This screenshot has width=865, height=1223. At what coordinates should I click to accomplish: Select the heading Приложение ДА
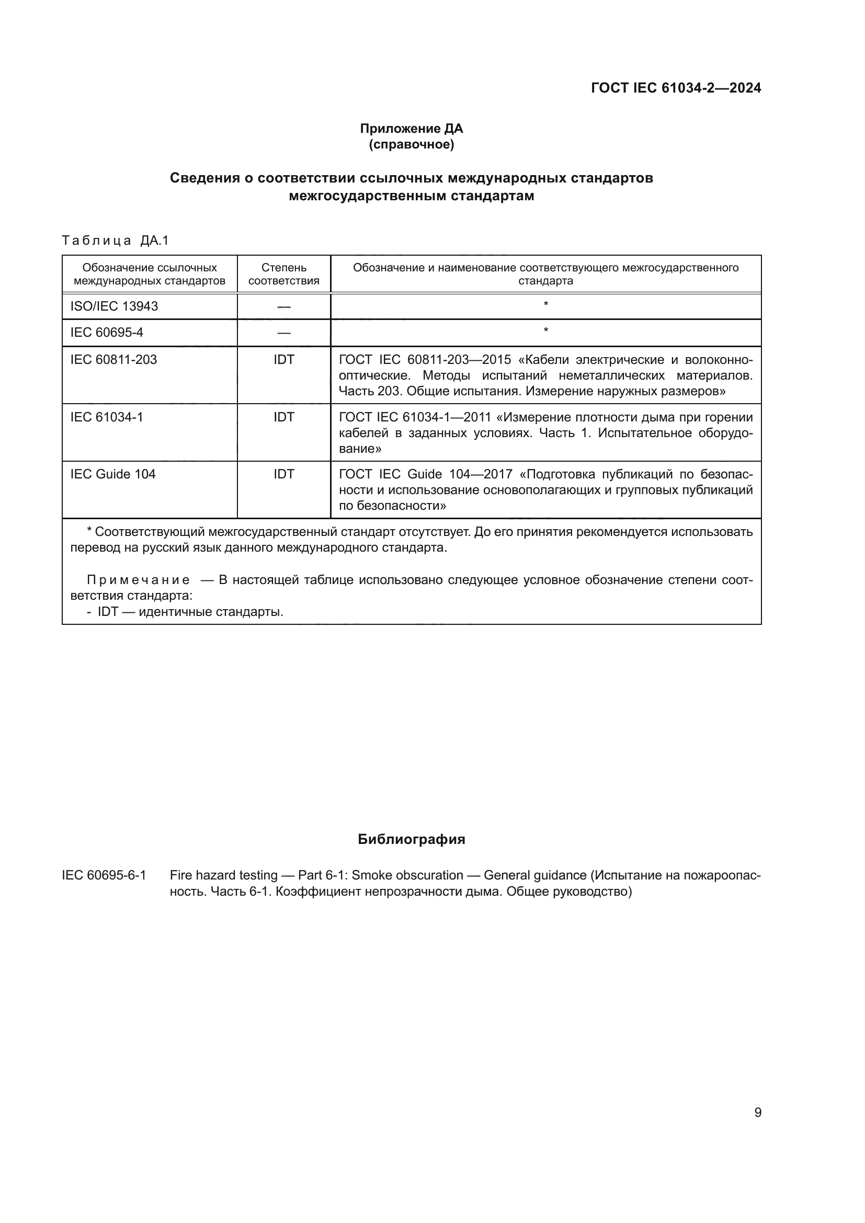point(411,129)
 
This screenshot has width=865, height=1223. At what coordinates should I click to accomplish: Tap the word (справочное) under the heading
point(411,144)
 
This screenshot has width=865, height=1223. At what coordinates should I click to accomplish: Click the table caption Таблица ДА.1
point(115,241)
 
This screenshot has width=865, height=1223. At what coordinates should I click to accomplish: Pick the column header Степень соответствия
point(283,274)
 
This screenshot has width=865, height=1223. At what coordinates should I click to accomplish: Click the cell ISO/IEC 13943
point(114,306)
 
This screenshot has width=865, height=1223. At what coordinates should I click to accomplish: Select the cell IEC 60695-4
point(107,333)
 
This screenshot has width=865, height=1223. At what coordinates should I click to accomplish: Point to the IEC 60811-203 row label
point(113,360)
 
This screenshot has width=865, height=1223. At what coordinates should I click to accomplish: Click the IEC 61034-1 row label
point(107,417)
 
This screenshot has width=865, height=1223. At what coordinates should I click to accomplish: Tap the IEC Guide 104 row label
point(113,474)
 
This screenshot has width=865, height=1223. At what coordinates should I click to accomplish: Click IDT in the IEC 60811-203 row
point(283,360)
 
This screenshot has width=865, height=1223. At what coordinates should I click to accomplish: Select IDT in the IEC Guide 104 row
point(283,474)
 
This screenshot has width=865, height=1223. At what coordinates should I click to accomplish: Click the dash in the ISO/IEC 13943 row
point(283,307)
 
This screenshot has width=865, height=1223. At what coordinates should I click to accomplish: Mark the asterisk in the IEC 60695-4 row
point(545,331)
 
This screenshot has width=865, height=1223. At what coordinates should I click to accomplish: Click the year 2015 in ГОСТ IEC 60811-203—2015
point(496,360)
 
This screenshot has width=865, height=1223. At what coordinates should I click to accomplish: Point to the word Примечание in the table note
point(138,580)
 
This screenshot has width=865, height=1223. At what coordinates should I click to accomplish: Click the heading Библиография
point(411,840)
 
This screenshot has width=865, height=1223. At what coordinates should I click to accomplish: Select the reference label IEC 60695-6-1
point(104,875)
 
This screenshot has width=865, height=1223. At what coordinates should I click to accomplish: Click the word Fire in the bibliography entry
point(180,875)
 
